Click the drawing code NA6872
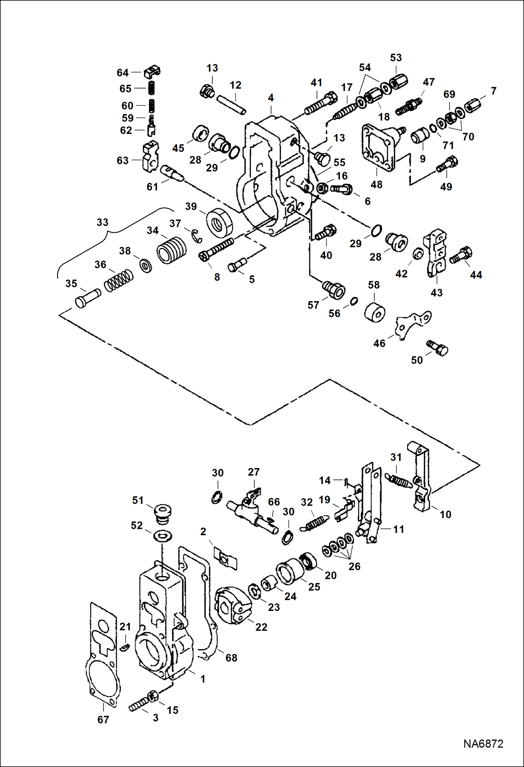[483, 744]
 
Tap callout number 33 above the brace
[102, 222]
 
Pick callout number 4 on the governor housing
[271, 98]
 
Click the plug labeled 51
[162, 513]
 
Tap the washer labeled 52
[162, 535]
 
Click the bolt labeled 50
[438, 348]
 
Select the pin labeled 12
[231, 105]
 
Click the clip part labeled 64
[152, 72]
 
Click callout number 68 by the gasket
[231, 658]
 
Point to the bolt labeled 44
[461, 255]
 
